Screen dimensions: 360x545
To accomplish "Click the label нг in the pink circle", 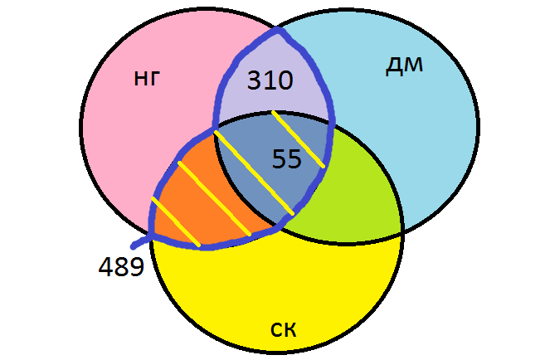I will pyautogui.click(x=145, y=79).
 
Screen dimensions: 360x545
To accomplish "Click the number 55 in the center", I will pyautogui.click(x=286, y=158).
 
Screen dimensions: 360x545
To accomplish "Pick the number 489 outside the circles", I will pyautogui.click(x=121, y=267).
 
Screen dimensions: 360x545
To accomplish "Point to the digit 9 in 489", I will pyautogui.click(x=136, y=267).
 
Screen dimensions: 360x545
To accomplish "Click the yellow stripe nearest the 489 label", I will pyautogui.click(x=175, y=222).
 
